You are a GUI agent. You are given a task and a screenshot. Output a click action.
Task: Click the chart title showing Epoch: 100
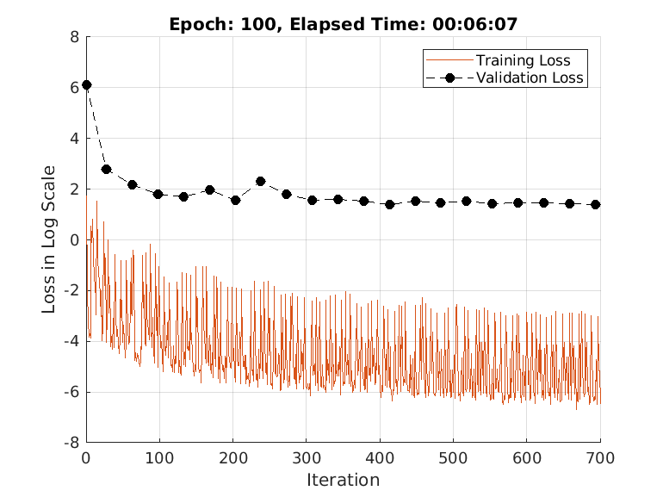tap(343, 23)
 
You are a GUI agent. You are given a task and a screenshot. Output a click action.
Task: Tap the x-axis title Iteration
tap(343, 480)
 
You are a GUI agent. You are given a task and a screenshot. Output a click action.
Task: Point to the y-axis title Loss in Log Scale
tap(49, 239)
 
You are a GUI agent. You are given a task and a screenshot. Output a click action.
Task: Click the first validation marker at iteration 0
tap(86, 85)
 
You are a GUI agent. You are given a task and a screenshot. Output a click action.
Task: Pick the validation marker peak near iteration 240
tap(261, 182)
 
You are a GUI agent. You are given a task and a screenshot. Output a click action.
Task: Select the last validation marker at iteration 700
tap(595, 204)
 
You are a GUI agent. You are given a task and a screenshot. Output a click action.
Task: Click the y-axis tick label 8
tap(74, 37)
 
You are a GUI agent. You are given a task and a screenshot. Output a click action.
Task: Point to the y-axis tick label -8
tap(71, 443)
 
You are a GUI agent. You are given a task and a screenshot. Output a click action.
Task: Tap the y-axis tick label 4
tap(74, 138)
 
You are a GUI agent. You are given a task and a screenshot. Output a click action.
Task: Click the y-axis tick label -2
tap(71, 290)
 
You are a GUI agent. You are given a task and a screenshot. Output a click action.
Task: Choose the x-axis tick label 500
tap(454, 457)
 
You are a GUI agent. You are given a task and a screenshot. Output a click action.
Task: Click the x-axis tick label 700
tap(600, 457)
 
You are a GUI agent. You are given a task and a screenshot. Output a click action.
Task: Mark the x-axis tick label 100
tap(159, 457)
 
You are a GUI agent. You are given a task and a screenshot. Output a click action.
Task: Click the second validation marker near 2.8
tap(107, 170)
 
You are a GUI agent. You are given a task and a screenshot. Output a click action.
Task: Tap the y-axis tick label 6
tap(74, 87)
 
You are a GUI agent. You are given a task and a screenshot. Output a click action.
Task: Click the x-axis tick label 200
tap(233, 457)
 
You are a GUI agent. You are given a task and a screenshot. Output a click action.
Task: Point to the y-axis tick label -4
tap(71, 341)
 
